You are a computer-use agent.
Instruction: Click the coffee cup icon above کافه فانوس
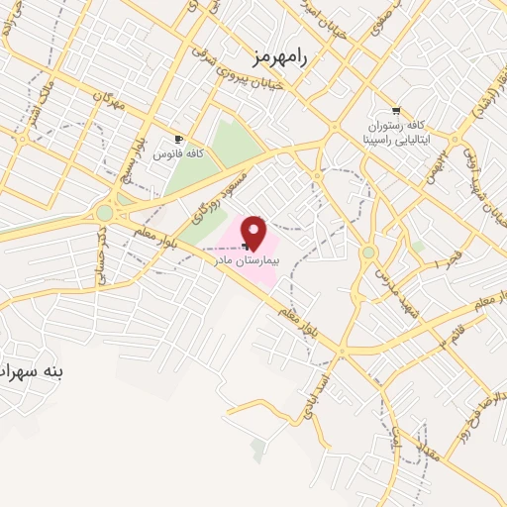(x=179, y=140)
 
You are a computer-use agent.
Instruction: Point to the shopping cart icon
(x=396, y=111)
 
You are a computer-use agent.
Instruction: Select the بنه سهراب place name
(x=34, y=371)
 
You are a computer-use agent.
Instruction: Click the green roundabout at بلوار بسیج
(x=104, y=213)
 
